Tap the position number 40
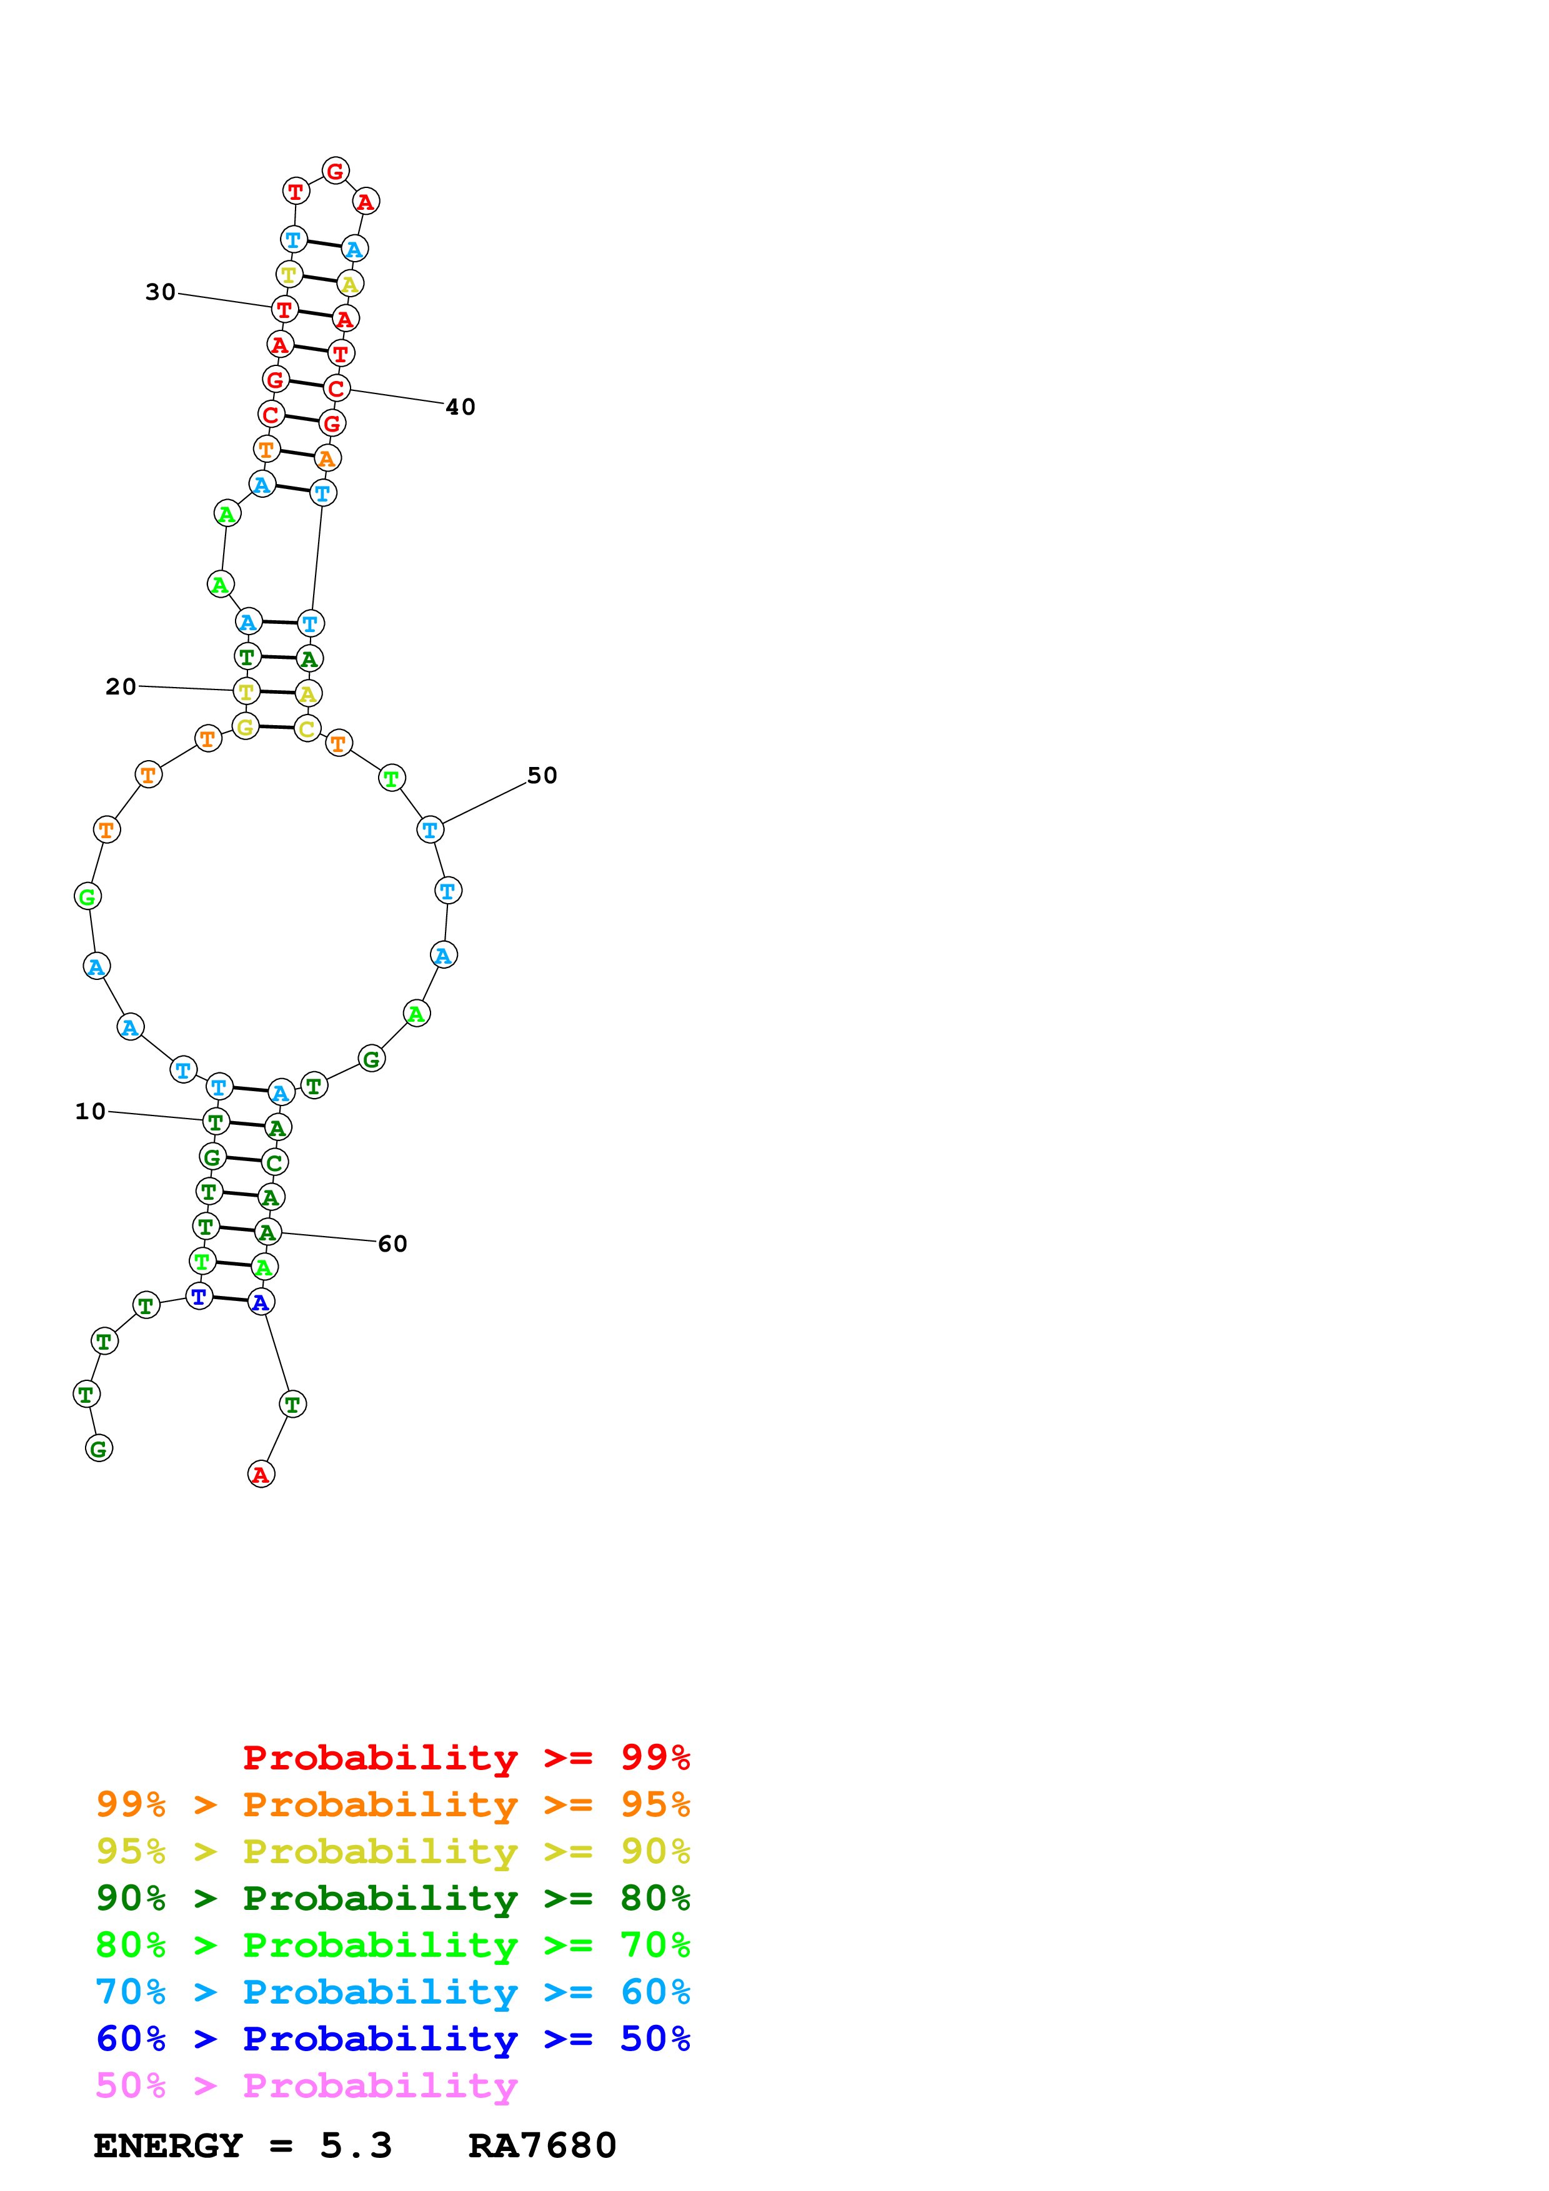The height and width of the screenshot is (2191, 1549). coord(460,407)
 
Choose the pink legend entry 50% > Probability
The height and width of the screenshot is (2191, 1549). coord(306,2086)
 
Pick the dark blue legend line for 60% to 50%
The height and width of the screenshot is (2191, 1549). coord(392,2039)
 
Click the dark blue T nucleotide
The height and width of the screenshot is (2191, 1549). coord(199,1297)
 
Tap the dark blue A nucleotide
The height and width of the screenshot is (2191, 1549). coord(261,1302)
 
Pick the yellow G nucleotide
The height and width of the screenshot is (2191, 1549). coord(246,727)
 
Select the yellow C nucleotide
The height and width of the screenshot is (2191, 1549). coord(306,729)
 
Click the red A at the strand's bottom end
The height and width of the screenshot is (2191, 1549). coord(261,1475)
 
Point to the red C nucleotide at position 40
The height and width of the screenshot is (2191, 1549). coord(336,388)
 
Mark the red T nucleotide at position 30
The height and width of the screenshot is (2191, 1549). coord(284,309)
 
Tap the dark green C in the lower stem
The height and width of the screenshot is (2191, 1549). coord(274,1162)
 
